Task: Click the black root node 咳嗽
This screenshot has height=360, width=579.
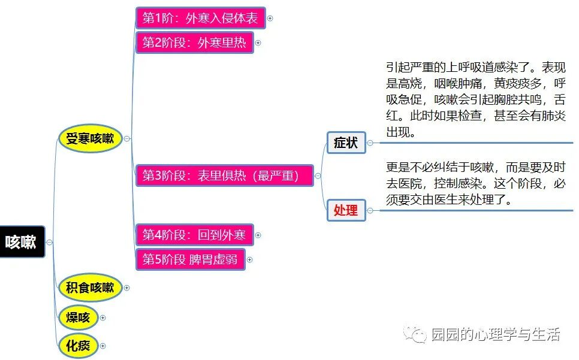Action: click(22, 241)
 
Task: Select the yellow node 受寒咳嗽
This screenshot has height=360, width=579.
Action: click(90, 139)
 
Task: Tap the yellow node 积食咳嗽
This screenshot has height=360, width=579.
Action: click(90, 288)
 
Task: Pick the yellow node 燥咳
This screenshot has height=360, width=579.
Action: click(78, 317)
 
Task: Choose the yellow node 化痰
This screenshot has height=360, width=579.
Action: click(78, 346)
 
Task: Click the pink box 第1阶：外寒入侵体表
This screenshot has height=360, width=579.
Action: click(200, 19)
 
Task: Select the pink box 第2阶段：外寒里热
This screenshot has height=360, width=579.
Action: click(194, 43)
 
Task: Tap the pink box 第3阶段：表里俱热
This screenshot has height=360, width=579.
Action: click(224, 176)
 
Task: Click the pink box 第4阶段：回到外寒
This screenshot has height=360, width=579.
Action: click(194, 235)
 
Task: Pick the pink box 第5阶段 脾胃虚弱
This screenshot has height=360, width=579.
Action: click(190, 260)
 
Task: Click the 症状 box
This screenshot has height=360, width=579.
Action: click(346, 143)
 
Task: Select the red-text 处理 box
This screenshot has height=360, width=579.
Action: click(346, 210)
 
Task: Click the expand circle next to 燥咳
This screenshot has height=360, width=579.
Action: click(103, 317)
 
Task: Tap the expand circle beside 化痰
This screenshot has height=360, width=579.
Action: click(103, 346)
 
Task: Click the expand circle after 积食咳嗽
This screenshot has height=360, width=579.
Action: click(126, 288)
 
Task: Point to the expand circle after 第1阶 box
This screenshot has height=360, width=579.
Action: click(270, 19)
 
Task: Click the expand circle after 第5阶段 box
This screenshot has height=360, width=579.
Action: click(250, 260)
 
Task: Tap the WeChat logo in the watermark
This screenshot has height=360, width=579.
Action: click(412, 334)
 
